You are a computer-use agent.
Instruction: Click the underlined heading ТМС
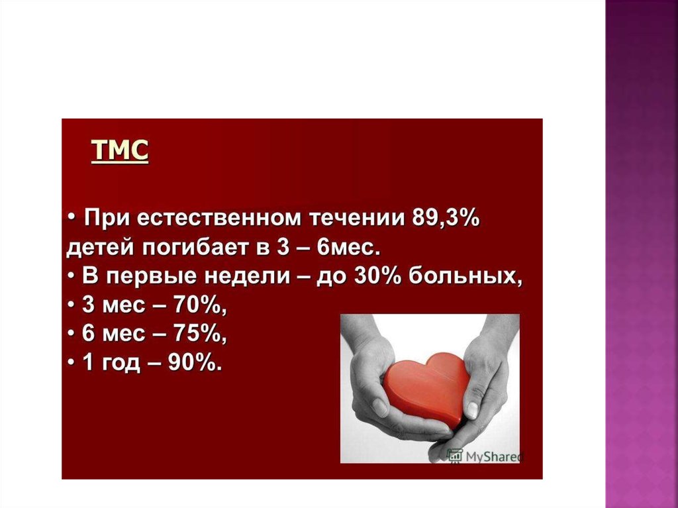(x=120, y=150)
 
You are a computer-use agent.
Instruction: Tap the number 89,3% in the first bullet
(x=446, y=218)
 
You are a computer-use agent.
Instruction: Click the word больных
(x=465, y=276)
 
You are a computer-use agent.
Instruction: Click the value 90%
(x=195, y=362)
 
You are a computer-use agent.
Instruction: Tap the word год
(x=121, y=364)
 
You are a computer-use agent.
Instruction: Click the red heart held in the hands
(x=426, y=387)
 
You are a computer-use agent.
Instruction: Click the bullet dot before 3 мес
(x=72, y=305)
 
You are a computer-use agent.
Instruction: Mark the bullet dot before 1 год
(x=72, y=362)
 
